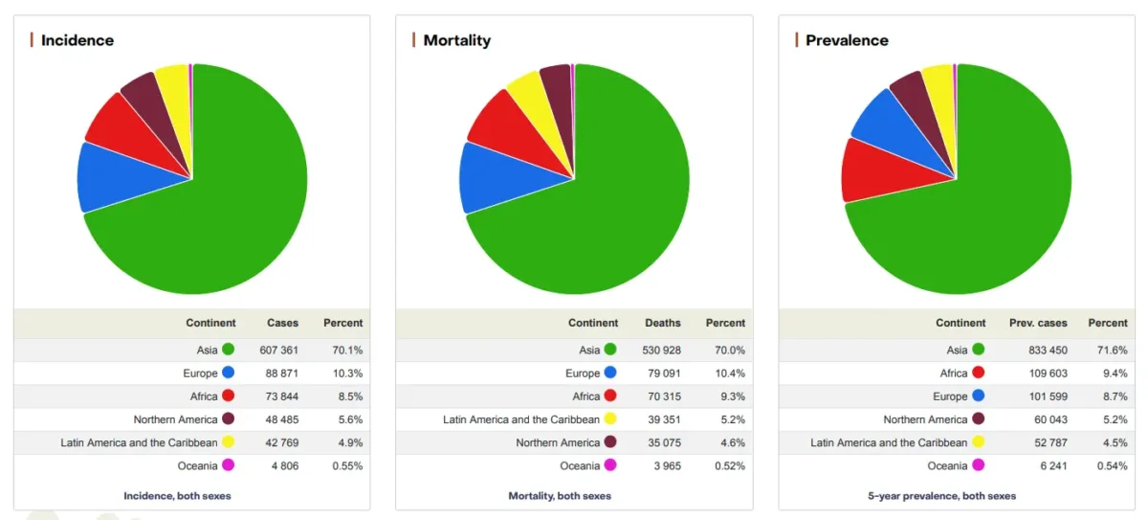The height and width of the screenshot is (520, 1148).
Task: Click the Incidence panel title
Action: (77, 40)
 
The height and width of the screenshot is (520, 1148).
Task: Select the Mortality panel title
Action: (456, 40)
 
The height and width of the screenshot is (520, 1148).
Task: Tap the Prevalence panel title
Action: (846, 40)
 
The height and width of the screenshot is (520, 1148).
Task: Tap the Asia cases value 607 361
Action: (278, 350)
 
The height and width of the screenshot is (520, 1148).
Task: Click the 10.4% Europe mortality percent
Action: (729, 373)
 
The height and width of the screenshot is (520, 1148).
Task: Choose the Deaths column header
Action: (662, 323)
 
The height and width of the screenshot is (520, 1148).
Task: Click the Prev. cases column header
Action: (1038, 323)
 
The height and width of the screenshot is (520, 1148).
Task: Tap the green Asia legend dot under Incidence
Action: (228, 350)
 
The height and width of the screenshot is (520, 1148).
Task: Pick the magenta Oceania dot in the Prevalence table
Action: (978, 466)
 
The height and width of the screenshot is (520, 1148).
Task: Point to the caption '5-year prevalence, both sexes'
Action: (941, 496)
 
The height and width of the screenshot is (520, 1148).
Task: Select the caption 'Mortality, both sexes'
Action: (560, 496)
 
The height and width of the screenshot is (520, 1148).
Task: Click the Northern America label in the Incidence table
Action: (175, 419)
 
